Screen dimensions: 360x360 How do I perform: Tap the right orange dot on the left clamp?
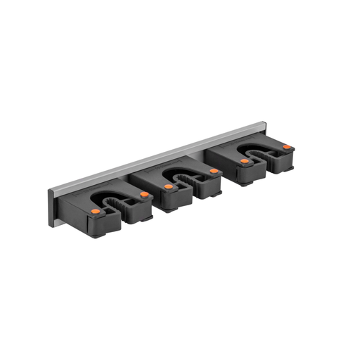[x=144, y=194]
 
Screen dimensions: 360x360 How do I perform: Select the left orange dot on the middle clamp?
[x=169, y=186]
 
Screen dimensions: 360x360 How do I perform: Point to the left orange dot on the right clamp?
[x=244, y=161]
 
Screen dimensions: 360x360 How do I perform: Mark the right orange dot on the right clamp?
[x=287, y=147]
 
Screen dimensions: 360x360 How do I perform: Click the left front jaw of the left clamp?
[x=98, y=224]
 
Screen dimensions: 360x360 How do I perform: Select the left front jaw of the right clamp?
[x=245, y=174]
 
